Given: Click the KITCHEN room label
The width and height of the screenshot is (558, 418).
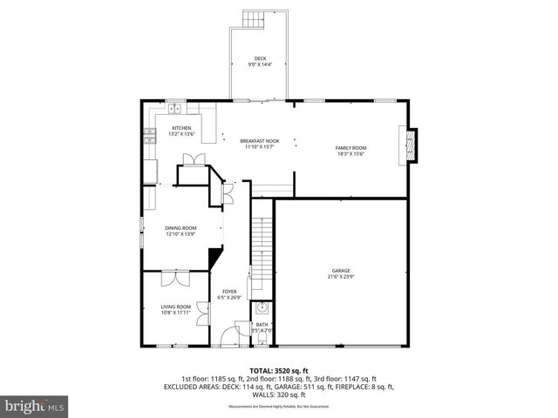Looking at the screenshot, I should [180, 128].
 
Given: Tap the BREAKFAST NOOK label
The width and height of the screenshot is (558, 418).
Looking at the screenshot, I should [260, 141].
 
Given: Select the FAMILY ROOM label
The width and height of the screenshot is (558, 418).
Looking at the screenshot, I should [351, 148].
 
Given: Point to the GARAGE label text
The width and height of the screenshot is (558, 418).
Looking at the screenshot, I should [340, 270].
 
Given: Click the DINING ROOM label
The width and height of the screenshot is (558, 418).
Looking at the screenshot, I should [180, 228].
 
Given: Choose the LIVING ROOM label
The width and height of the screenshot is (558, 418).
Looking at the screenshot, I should [177, 307].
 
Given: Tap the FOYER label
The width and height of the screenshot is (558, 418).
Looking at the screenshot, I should [229, 292].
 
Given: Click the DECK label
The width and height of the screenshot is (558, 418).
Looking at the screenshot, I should [260, 58].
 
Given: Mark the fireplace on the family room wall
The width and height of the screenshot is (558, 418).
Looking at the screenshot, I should [408, 145].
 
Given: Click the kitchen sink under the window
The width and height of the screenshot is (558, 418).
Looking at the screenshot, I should [174, 109].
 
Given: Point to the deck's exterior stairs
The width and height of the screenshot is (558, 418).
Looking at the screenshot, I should [254, 20].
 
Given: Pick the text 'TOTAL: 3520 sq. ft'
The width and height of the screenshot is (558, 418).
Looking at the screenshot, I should [278, 370].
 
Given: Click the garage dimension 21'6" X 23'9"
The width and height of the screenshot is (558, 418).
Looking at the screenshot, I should [340, 277].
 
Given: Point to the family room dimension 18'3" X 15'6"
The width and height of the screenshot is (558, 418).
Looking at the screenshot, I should [351, 154].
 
